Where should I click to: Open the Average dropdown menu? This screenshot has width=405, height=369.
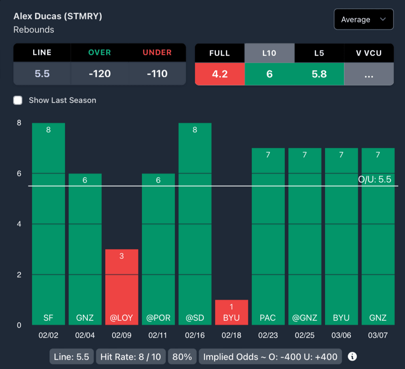click(363, 19)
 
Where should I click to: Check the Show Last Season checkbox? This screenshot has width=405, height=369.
click(18, 100)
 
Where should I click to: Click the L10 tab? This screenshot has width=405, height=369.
click(269, 53)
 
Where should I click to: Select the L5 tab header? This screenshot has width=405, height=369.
click(319, 53)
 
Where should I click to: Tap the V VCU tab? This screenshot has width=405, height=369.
click(369, 53)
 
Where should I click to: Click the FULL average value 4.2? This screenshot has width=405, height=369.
click(220, 74)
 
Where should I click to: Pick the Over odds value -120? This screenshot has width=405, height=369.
click(100, 74)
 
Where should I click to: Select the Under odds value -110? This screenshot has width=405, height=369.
click(157, 74)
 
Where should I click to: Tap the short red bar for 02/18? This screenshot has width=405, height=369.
click(231, 312)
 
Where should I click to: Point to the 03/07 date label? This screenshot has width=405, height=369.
click(378, 335)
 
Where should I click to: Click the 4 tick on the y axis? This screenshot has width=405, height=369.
click(19, 224)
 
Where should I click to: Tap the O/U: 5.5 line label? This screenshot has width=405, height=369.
click(374, 180)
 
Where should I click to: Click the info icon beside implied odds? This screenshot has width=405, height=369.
click(352, 357)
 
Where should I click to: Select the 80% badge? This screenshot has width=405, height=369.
click(182, 357)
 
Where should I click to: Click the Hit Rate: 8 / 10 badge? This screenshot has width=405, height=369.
click(131, 357)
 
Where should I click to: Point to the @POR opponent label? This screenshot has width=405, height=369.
click(158, 318)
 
